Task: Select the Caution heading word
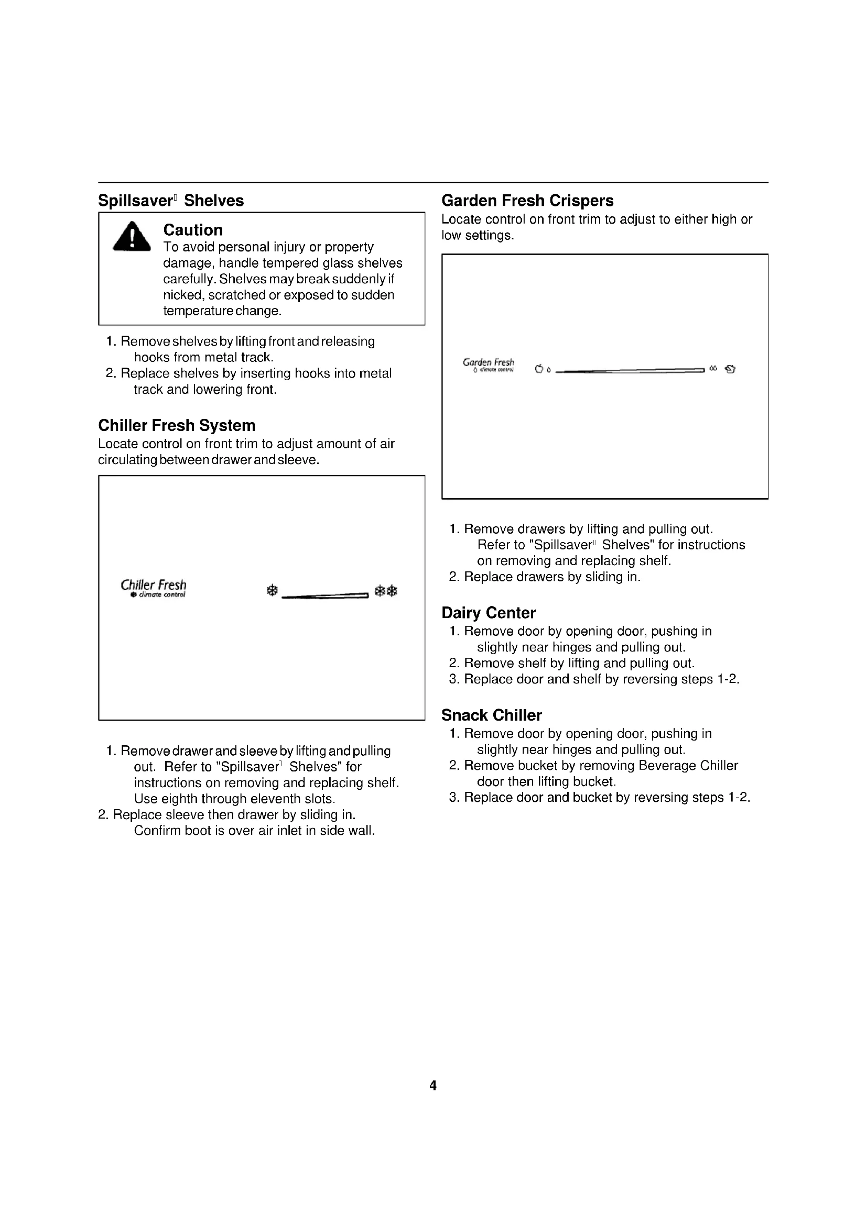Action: (x=193, y=230)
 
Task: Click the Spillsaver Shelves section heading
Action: (x=171, y=201)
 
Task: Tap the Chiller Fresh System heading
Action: (x=177, y=425)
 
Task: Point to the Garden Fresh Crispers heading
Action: (x=527, y=201)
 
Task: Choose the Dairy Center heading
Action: (x=489, y=613)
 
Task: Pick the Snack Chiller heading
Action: (x=492, y=715)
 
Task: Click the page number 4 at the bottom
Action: (x=433, y=1085)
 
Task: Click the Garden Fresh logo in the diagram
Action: (x=489, y=365)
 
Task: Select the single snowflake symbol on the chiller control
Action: (x=272, y=591)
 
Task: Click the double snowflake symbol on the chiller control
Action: (x=386, y=591)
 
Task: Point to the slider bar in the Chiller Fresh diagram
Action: (x=324, y=596)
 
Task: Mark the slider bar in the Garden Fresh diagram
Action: (x=630, y=369)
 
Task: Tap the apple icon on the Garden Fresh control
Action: (x=539, y=369)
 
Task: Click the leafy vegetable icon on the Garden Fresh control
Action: (x=730, y=369)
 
